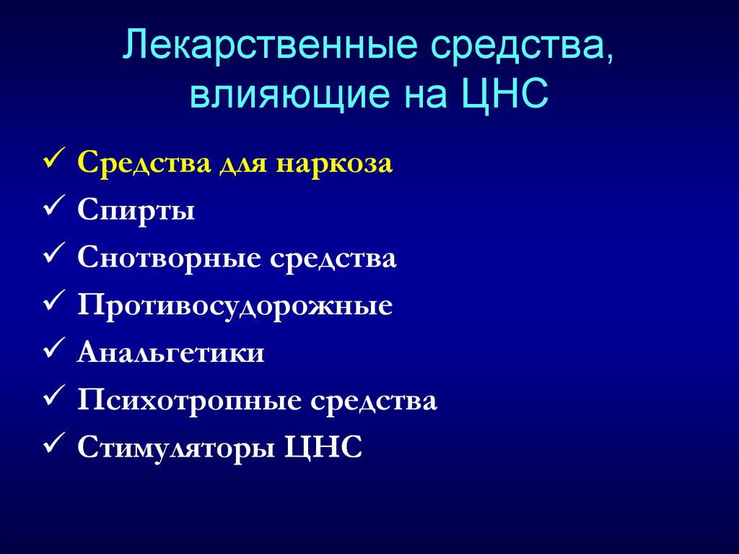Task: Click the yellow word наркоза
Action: pos(333,163)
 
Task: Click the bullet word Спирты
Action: pos(136,212)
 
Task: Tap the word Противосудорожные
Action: pos(235,306)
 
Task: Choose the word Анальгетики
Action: pos(171,353)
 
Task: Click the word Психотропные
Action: pos(189,401)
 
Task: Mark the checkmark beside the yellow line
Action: pos(56,161)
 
